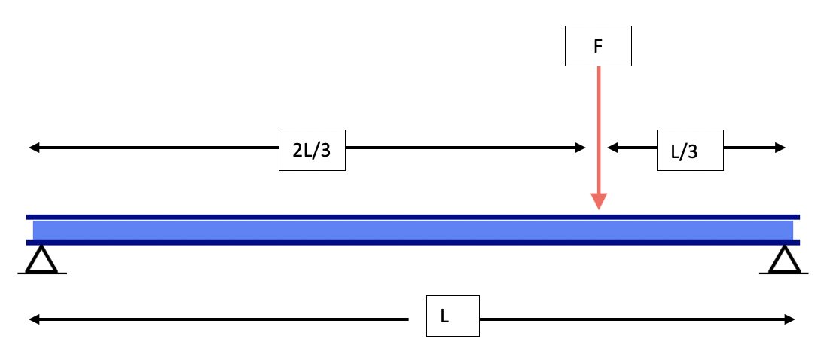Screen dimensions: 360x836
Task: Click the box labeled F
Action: (598, 46)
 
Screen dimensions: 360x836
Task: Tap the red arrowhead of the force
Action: (598, 201)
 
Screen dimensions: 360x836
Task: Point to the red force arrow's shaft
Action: (598, 128)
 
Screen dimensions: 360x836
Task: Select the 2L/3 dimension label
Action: (312, 150)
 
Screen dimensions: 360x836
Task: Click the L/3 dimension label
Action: (690, 150)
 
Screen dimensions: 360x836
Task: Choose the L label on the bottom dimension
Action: (444, 316)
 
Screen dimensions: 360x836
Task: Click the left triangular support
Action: (41, 259)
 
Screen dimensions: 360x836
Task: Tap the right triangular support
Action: (784, 259)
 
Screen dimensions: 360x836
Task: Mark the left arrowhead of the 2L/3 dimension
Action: (34, 148)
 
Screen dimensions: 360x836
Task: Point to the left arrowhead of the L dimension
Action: (34, 319)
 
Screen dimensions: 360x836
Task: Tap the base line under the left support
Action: (41, 273)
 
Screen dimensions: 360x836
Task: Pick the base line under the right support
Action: (784, 273)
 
